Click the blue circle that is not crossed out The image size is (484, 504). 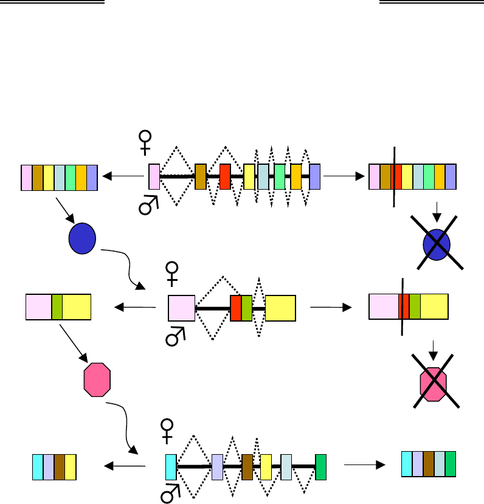[82, 238]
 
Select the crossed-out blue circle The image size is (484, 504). [436, 243]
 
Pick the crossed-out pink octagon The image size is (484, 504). [434, 384]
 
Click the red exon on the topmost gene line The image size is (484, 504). [225, 176]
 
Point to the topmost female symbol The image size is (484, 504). [145, 141]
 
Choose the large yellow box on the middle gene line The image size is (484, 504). [280, 308]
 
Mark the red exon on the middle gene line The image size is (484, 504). [235, 308]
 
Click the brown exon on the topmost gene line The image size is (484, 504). [200, 176]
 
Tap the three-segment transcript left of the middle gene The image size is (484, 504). [58, 306]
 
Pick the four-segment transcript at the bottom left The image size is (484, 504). [54, 467]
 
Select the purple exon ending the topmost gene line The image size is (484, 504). [314, 176]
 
